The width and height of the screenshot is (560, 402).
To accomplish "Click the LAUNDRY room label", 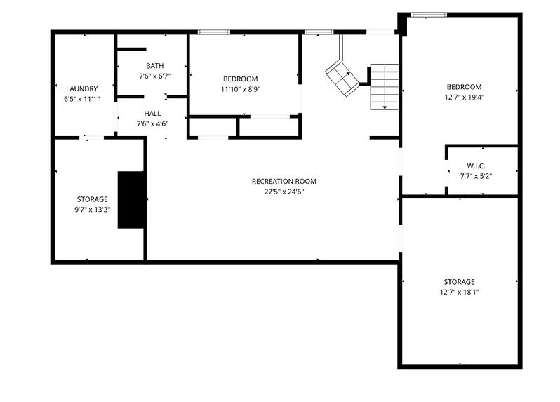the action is click(82, 88).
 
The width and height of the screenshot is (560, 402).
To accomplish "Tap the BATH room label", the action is click(155, 66).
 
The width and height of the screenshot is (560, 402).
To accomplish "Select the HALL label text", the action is click(152, 114).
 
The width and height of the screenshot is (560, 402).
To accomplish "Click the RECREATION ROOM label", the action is click(284, 182).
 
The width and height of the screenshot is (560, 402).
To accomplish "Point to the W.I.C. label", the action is click(476, 166).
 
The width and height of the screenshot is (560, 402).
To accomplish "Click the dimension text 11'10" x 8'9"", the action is click(241, 89).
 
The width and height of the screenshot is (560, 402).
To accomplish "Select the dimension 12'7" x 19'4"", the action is click(465, 97).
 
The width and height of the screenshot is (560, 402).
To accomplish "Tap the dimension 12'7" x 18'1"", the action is click(459, 293).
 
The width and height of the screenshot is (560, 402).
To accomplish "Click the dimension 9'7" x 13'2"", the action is click(93, 210).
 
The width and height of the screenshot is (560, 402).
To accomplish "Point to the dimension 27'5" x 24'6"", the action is click(284, 192).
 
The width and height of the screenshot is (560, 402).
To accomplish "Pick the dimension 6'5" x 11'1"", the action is click(82, 99).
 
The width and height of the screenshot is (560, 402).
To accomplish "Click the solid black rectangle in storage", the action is click(131, 200).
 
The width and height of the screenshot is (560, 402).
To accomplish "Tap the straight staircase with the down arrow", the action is click(385, 87).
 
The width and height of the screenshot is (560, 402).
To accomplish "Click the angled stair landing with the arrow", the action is click(342, 78).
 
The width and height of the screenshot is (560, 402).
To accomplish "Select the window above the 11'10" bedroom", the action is click(214, 32).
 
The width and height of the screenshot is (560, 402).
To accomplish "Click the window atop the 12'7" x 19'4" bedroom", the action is click(429, 15).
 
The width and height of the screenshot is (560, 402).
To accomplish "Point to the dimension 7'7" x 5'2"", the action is click(476, 176).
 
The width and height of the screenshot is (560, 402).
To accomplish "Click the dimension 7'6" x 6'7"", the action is click(155, 76).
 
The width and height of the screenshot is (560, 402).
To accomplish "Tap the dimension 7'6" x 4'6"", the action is click(152, 124).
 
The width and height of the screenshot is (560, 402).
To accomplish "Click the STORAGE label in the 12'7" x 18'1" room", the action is click(459, 282).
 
